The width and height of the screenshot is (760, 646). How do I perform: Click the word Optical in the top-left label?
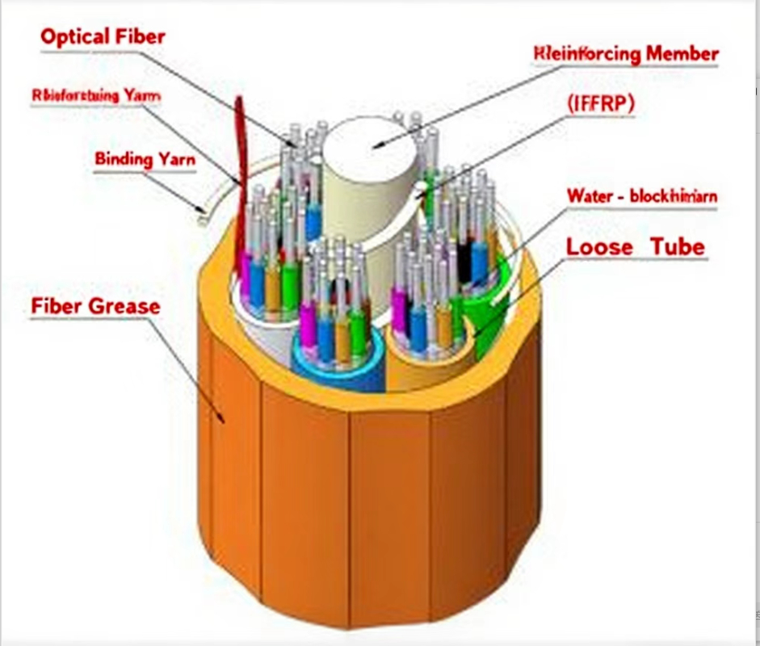(x=73, y=36)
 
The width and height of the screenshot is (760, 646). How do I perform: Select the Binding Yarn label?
(x=145, y=158)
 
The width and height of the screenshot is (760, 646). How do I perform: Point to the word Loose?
(x=598, y=247)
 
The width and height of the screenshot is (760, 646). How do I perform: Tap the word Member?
(x=682, y=54)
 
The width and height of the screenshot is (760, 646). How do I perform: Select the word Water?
(x=589, y=195)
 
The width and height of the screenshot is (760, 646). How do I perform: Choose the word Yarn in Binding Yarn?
(x=177, y=158)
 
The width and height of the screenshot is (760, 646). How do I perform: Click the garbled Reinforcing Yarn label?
(x=96, y=95)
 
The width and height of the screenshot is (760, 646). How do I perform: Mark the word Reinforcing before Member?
(x=587, y=54)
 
